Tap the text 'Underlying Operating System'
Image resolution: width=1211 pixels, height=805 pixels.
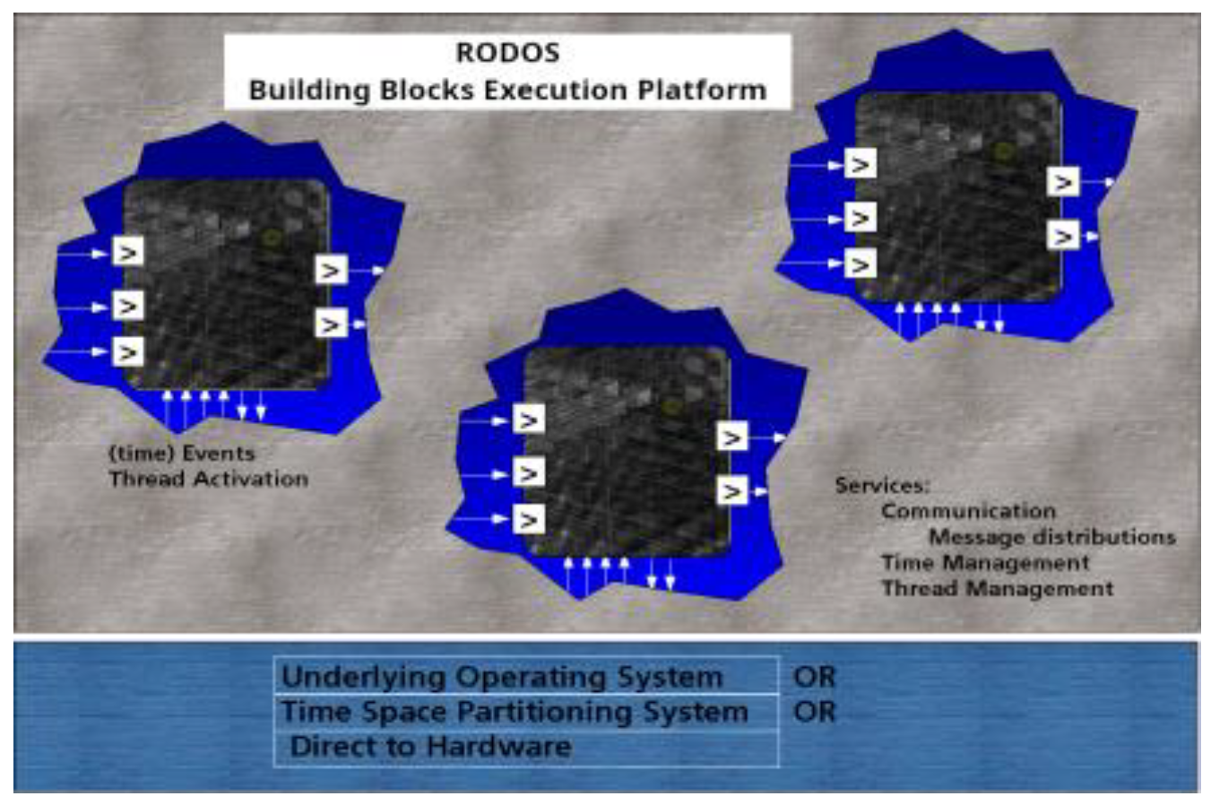click(502, 677)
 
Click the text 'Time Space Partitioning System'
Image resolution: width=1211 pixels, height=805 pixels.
click(514, 712)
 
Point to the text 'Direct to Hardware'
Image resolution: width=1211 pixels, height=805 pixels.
click(430, 746)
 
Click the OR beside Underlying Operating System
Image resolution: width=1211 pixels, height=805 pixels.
click(814, 677)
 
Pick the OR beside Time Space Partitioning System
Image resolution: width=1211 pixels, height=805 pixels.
click(814, 712)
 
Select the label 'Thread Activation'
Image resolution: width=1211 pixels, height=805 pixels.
click(208, 479)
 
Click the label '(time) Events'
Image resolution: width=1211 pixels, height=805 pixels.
click(181, 453)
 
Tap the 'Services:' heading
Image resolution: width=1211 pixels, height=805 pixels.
click(882, 485)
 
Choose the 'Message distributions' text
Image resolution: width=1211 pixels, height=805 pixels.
click(1051, 537)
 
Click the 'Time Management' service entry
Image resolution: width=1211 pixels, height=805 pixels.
click(985, 563)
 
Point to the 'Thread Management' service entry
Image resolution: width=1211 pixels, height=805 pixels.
click(997, 589)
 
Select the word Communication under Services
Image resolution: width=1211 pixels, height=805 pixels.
click(968, 511)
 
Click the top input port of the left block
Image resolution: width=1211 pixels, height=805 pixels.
click(128, 253)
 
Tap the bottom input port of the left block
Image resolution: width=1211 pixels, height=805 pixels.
click(128, 352)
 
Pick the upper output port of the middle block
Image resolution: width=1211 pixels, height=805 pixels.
click(732, 437)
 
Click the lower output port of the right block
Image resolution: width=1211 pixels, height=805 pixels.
click(1063, 237)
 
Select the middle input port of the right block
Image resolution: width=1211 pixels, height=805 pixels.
click(861, 218)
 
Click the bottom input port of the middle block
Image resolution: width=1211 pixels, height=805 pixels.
click(529, 520)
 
